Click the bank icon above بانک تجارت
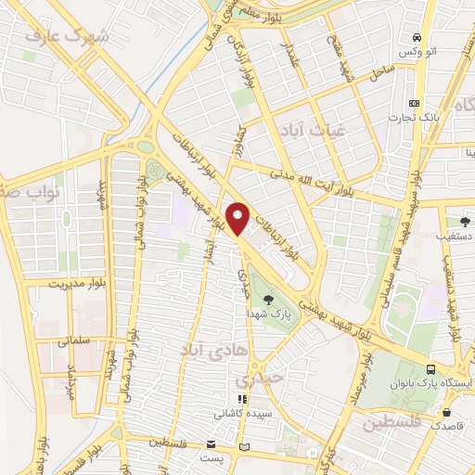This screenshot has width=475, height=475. click(x=414, y=102)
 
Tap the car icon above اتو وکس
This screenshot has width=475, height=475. click(x=417, y=37)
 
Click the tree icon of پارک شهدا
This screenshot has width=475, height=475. click(x=268, y=299)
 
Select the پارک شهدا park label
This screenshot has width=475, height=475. click(x=268, y=315)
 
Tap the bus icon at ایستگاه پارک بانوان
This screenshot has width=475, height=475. click(x=429, y=368)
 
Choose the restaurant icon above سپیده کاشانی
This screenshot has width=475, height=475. click(x=243, y=399)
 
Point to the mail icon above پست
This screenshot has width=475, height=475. click(x=212, y=443)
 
